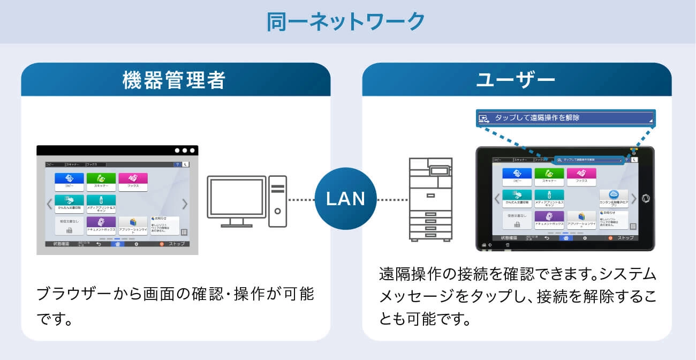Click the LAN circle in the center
[x=346, y=199]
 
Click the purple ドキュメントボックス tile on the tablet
[x=549, y=219]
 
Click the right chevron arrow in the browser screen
[x=185, y=204]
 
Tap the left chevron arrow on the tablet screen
[x=496, y=199]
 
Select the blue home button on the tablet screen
[x=565, y=238]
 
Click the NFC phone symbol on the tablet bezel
[x=645, y=198]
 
